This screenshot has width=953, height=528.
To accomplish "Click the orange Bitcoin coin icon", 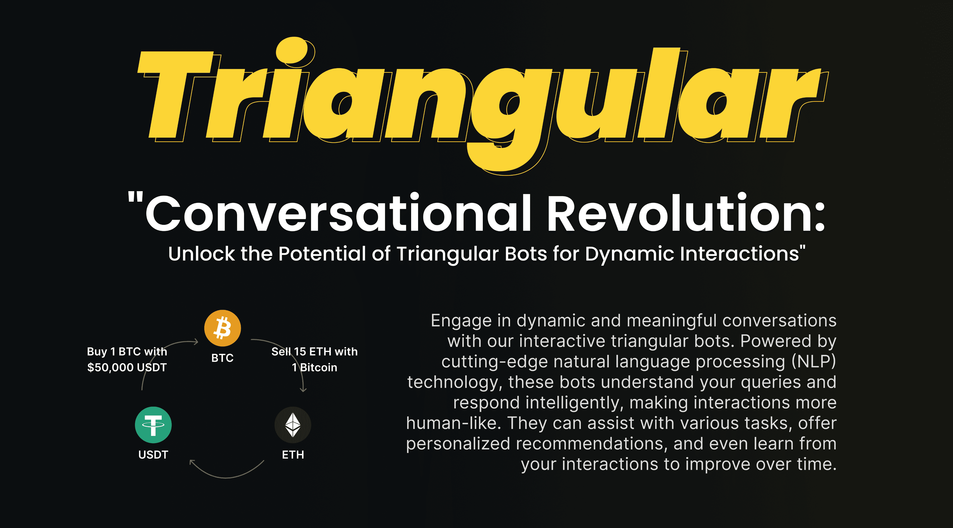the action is click(222, 328).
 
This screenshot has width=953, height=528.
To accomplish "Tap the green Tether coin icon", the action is click(153, 425).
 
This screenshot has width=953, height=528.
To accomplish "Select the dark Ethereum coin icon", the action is click(293, 425).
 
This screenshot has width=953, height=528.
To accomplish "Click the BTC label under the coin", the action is click(222, 358).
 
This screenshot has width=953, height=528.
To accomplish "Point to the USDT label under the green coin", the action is click(153, 455).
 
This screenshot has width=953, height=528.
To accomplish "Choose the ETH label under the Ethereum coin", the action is click(293, 455).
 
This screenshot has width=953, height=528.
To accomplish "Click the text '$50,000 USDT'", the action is click(127, 368).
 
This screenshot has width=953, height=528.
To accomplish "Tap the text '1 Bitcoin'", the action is click(315, 368).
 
